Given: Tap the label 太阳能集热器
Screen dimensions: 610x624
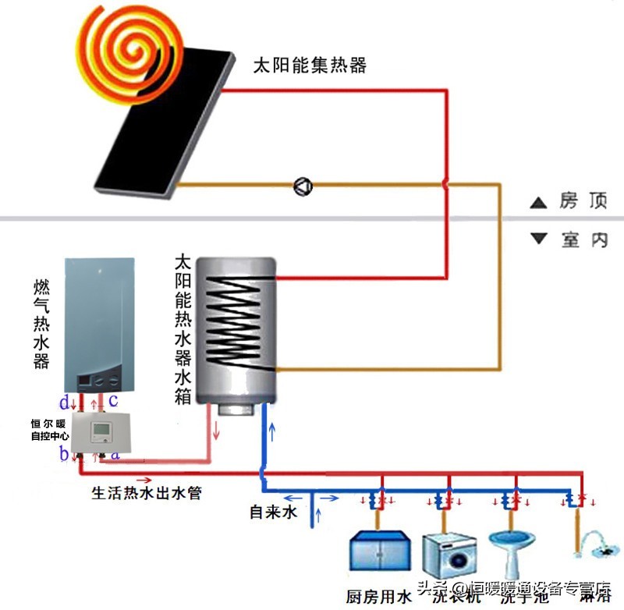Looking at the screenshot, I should pos(310,66).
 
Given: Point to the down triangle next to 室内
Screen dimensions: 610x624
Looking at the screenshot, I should pos(538,239).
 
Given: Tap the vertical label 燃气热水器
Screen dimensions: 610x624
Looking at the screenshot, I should pos(42,324).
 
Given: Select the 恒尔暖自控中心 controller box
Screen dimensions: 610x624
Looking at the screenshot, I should pos(102,432).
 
